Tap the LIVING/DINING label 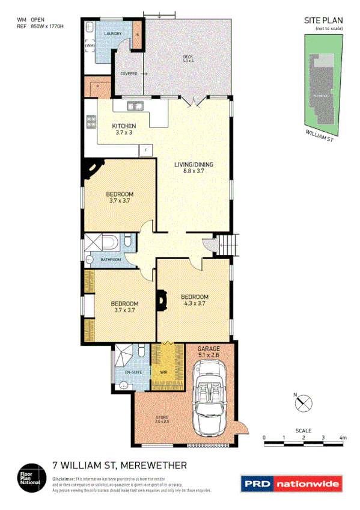[194, 164]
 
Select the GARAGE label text [209, 348]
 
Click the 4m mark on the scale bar [343, 437]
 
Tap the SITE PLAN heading [323, 20]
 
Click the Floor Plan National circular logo [29, 476]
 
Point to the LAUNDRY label [113, 34]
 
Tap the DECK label [188, 58]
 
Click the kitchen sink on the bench [135, 107]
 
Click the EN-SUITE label [133, 373]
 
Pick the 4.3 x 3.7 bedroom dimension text [195, 304]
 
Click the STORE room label [162, 417]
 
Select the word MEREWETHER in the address [154, 465]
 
